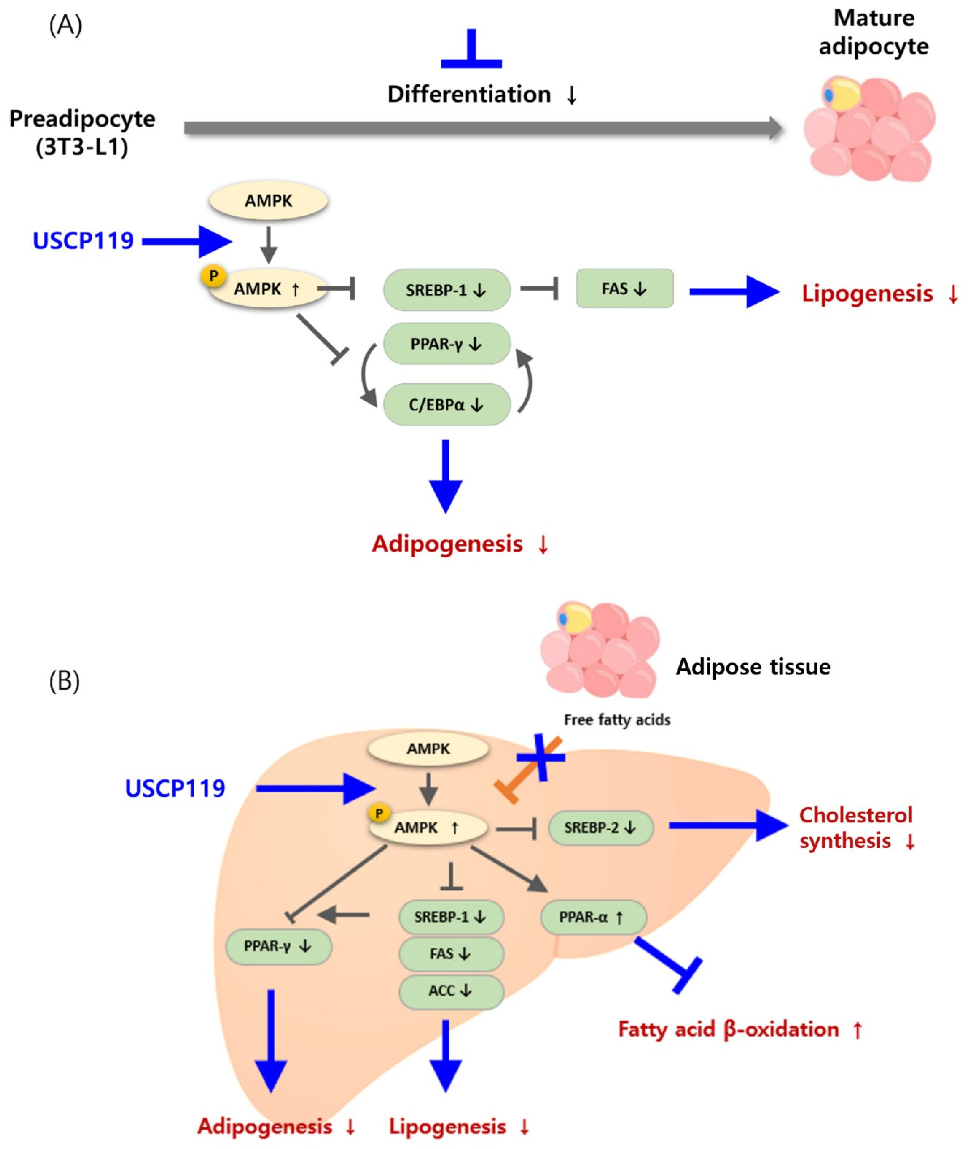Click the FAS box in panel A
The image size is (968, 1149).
[x=624, y=288]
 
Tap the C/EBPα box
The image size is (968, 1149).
[x=447, y=405]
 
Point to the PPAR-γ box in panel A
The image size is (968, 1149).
[x=447, y=344]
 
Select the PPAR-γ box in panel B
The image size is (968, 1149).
[x=278, y=946]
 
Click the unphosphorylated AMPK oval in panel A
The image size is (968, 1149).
[x=268, y=200]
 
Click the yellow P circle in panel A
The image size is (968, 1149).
[x=214, y=276]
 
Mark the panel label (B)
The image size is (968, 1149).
[x=64, y=681]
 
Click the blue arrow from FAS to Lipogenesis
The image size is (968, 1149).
[x=734, y=292]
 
